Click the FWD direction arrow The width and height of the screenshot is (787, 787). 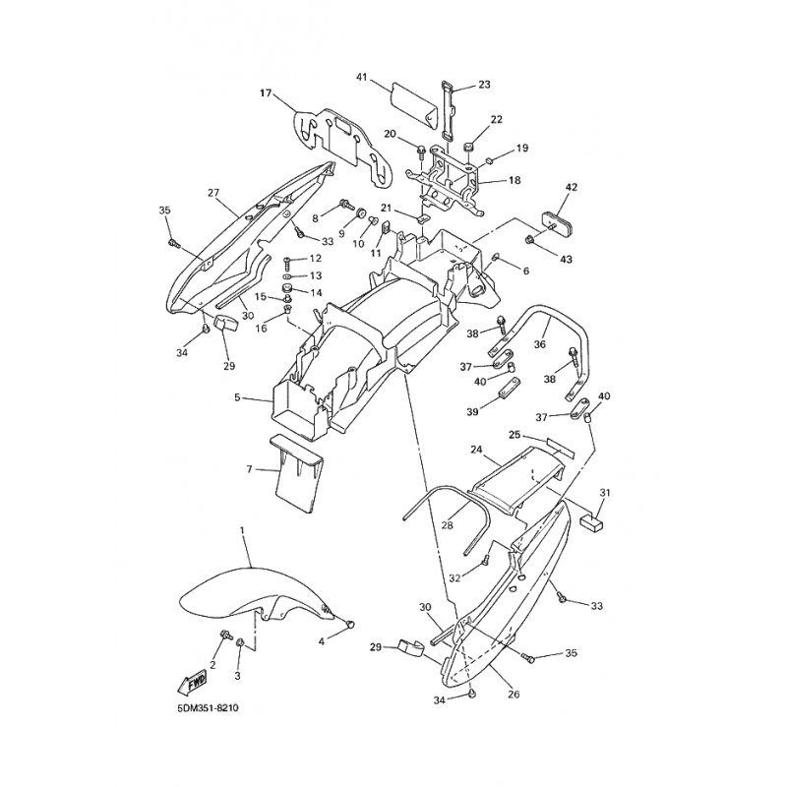[192, 682]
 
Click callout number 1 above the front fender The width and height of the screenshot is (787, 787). [242, 531]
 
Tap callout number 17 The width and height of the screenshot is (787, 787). [266, 92]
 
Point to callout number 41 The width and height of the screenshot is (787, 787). [362, 78]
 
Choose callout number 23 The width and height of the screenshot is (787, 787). [484, 85]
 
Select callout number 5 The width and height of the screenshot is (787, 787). [237, 398]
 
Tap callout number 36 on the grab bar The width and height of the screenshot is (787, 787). [539, 344]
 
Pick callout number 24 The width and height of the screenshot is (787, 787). [476, 450]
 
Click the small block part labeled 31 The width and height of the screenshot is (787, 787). [591, 522]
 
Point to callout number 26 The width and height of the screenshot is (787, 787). [514, 695]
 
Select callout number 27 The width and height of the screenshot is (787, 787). [213, 193]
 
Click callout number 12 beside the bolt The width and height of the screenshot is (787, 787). [315, 259]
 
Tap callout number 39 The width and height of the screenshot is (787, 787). [473, 412]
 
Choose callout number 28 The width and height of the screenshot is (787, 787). [447, 525]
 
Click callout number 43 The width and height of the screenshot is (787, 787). [567, 259]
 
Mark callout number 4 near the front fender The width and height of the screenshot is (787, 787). [322, 641]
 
